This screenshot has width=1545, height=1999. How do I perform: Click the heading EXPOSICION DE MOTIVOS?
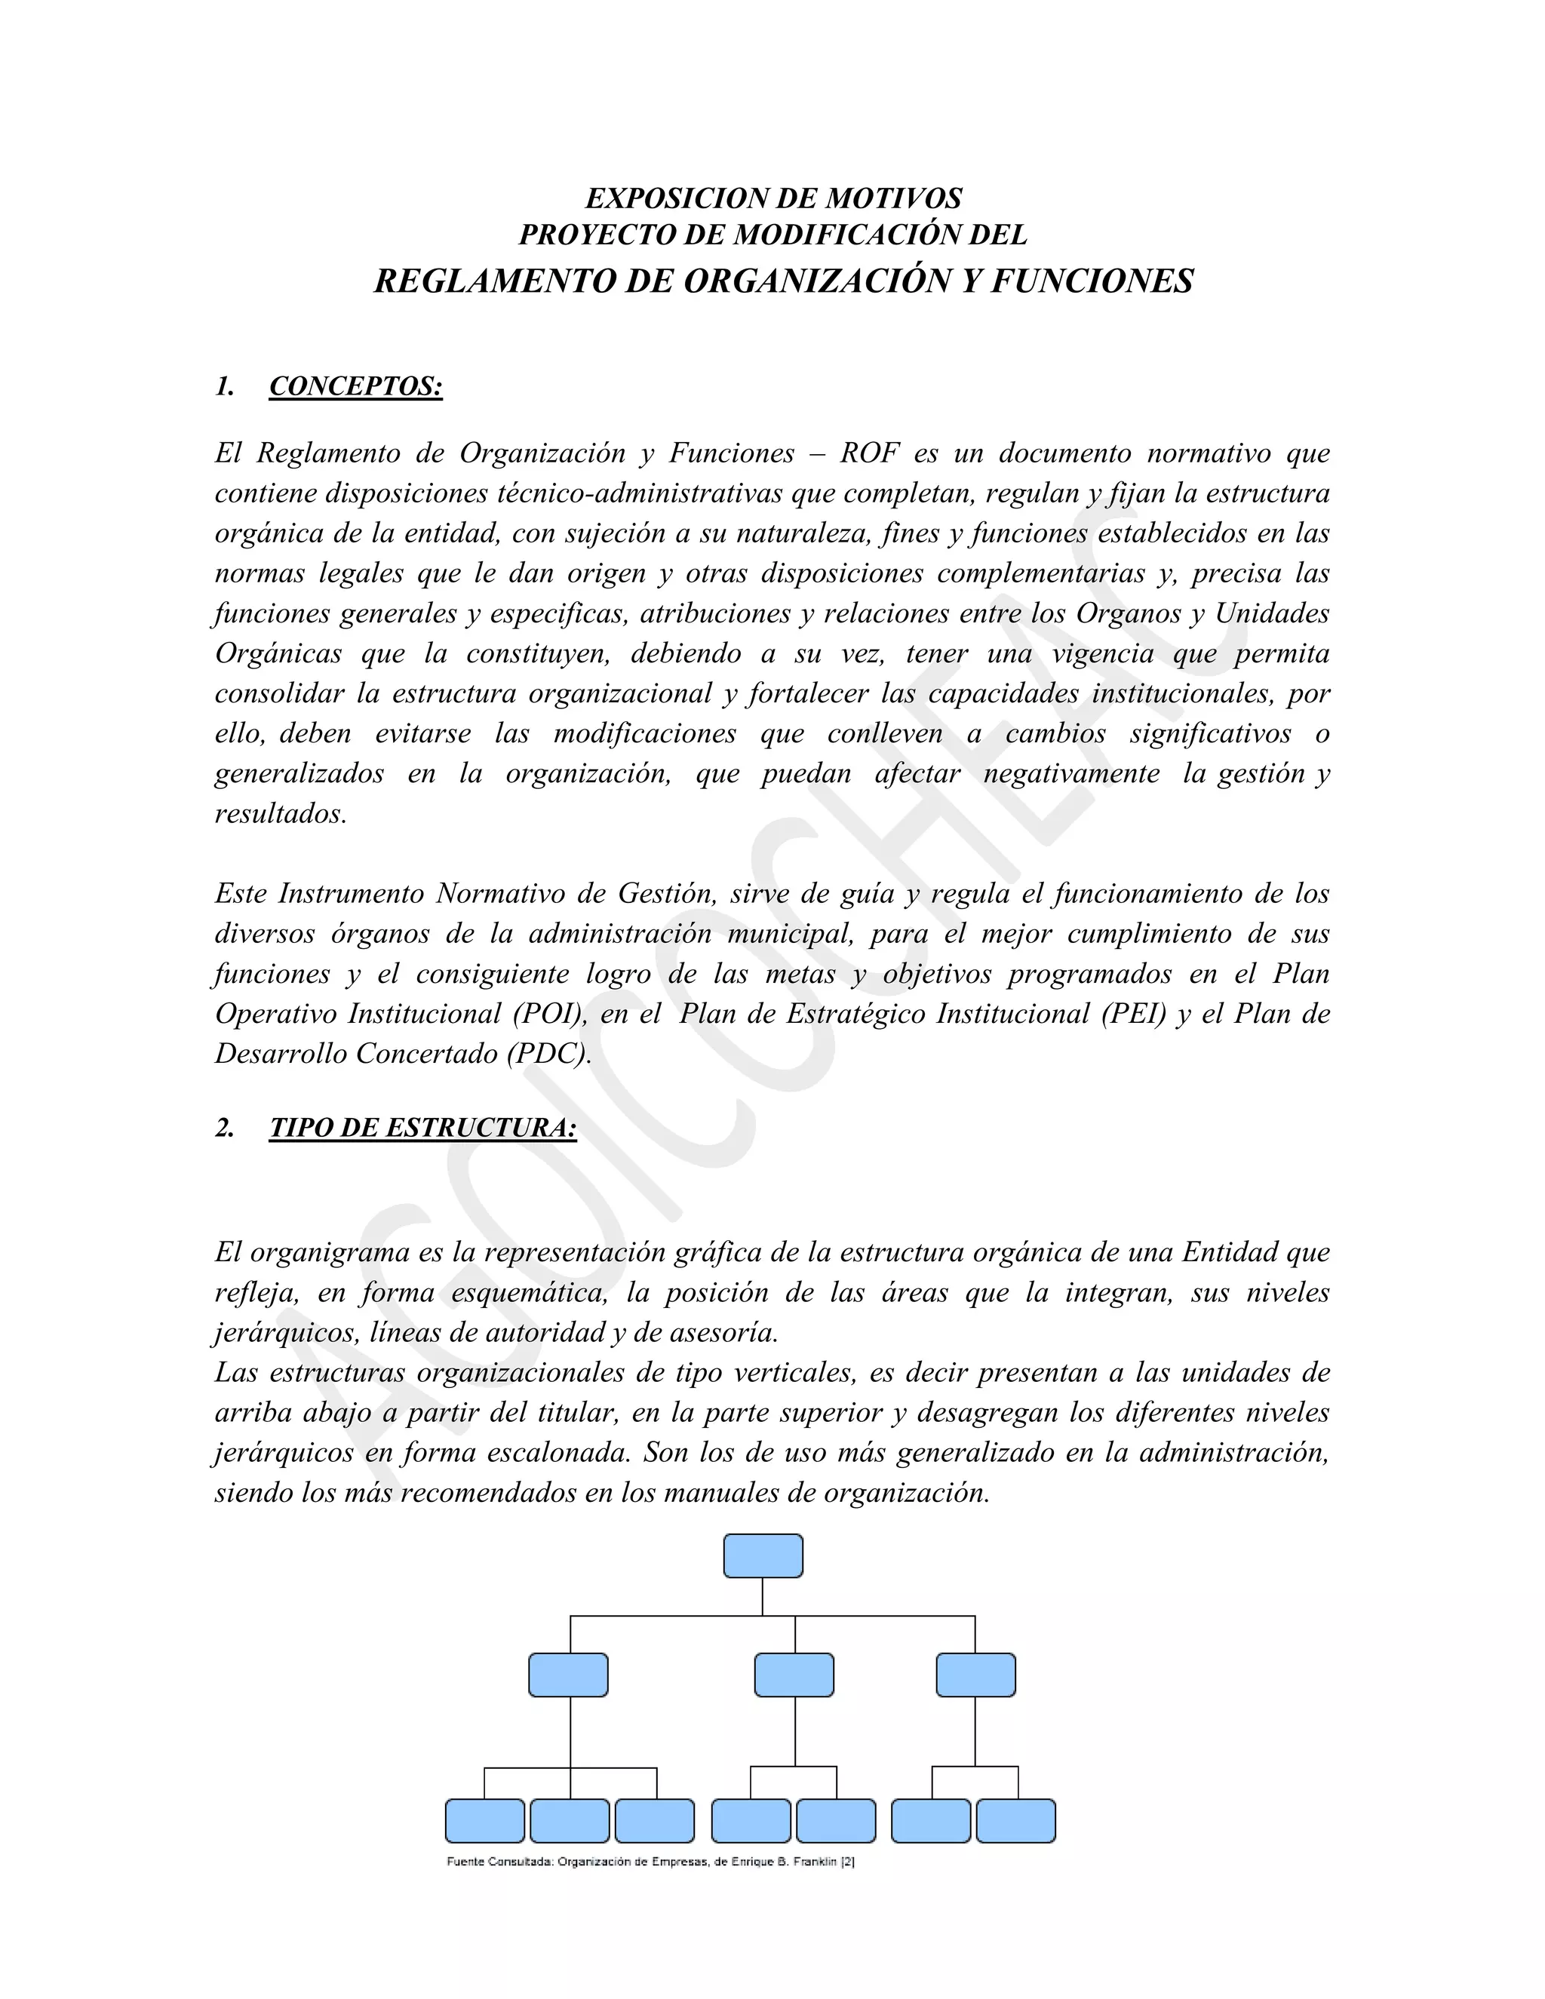773,198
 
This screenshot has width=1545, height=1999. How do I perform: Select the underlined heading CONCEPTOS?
356,386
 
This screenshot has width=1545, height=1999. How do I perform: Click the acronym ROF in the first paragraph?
871,453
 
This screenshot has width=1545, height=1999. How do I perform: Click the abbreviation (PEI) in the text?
1134,1013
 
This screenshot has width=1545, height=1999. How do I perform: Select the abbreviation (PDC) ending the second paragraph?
546,1054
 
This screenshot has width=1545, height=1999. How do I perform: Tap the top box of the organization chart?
763,1556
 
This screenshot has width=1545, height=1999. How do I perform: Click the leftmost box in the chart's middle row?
567,1675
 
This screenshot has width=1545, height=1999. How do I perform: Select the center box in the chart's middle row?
794,1675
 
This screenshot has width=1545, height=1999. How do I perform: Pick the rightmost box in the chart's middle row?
975,1675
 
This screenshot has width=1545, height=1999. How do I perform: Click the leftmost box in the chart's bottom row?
484,1820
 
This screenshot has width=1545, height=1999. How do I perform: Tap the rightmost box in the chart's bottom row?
1015,1820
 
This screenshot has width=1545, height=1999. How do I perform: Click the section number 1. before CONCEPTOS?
224,386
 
